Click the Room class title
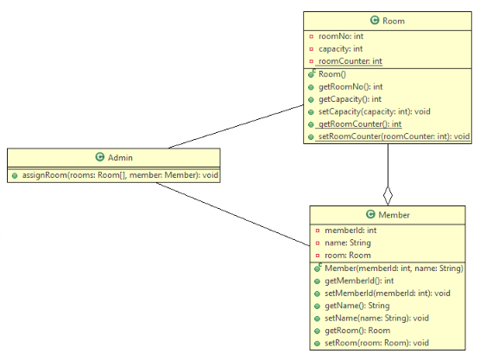pyautogui.click(x=393, y=20)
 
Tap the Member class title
pyautogui.click(x=393, y=214)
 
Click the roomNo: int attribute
pyautogui.click(x=342, y=36)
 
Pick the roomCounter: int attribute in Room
pyautogui.click(x=350, y=61)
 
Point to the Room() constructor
pyautogui.click(x=332, y=75)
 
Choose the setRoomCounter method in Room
pyautogui.click(x=394, y=136)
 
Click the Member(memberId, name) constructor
pyautogui.click(x=394, y=268)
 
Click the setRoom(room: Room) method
pyautogui.click(x=376, y=343)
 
